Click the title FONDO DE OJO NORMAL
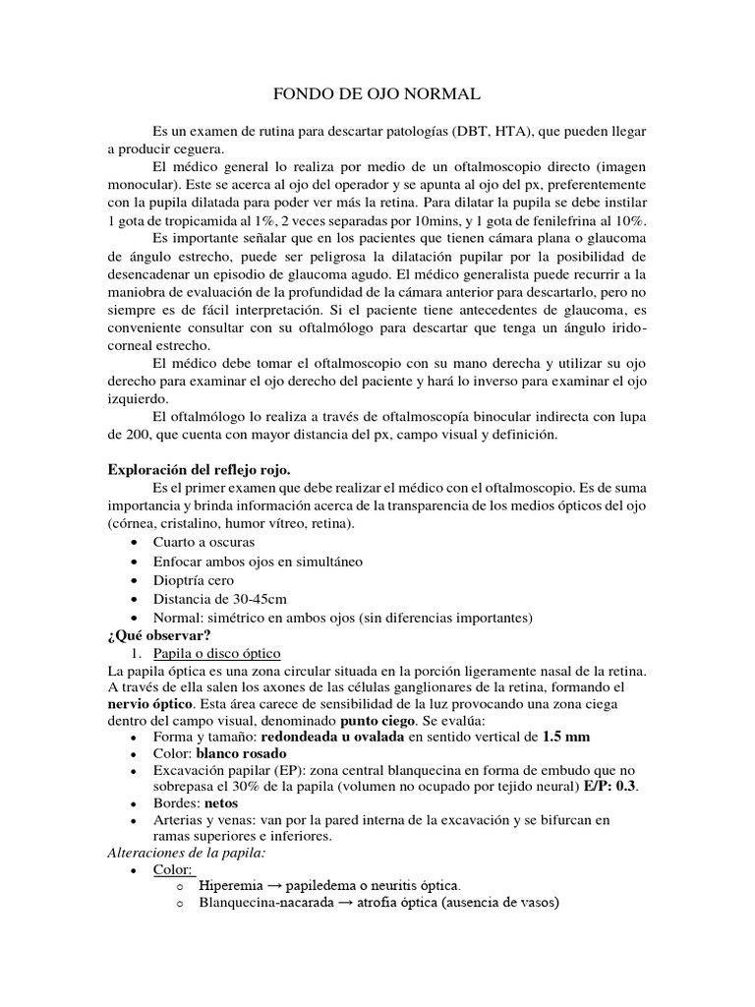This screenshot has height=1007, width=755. (376, 95)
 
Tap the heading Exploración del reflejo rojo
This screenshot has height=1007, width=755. (198, 470)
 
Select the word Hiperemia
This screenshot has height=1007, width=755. (233, 885)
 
